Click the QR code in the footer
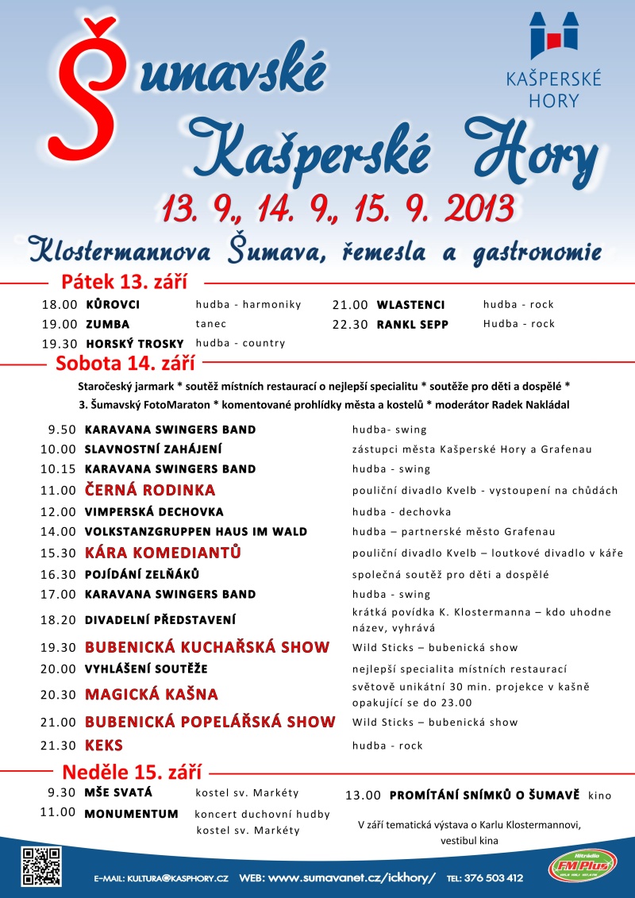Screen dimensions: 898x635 41,866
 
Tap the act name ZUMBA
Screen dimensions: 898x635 107,324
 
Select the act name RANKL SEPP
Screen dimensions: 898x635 412,324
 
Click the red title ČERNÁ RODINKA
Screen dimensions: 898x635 150,490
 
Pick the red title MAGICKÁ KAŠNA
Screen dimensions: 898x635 151,695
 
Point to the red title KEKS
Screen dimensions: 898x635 104,746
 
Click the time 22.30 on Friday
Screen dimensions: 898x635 350,324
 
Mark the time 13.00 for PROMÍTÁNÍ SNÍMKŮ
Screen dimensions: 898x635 364,795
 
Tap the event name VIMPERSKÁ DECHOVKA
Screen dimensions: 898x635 154,512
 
